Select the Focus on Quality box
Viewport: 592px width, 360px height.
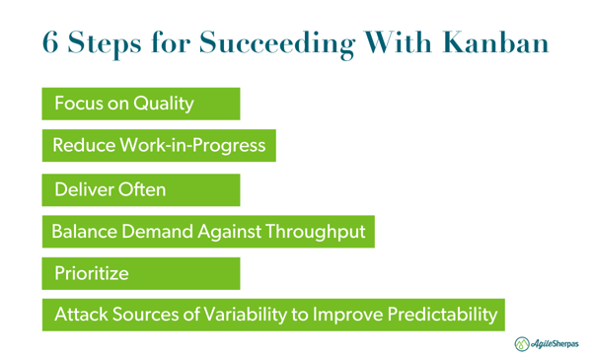140,104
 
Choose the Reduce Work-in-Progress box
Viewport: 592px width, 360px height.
158,146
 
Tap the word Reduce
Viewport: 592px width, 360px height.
82,146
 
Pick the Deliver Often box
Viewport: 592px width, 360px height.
140,188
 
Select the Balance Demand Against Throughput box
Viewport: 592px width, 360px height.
207,232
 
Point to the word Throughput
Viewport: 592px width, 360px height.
314,232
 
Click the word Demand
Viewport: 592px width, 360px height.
149,232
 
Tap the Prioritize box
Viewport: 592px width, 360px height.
140,273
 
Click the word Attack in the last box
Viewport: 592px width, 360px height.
79,316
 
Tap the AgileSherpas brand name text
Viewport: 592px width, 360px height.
556,344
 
